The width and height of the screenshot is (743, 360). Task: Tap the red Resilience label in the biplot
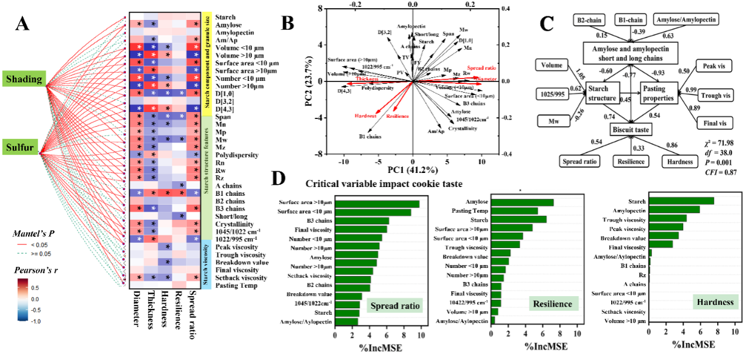point(399,117)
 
